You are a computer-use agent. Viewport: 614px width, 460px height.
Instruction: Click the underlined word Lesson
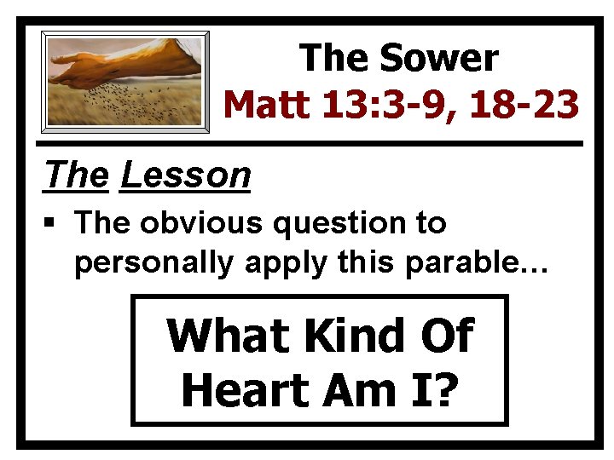point(186,175)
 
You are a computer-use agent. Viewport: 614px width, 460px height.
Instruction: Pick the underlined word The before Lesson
point(76,175)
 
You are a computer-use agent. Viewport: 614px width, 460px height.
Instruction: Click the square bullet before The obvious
point(53,224)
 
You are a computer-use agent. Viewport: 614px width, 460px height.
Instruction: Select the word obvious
point(200,223)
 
